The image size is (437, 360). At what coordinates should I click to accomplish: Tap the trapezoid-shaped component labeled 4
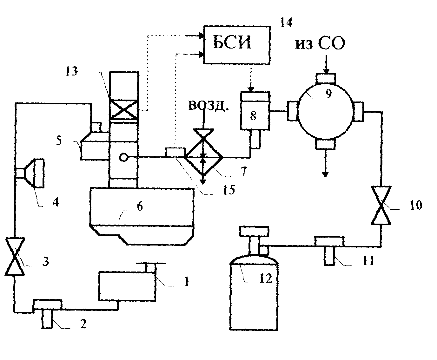(x=35, y=173)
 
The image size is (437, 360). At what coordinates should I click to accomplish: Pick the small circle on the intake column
(x=123, y=157)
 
